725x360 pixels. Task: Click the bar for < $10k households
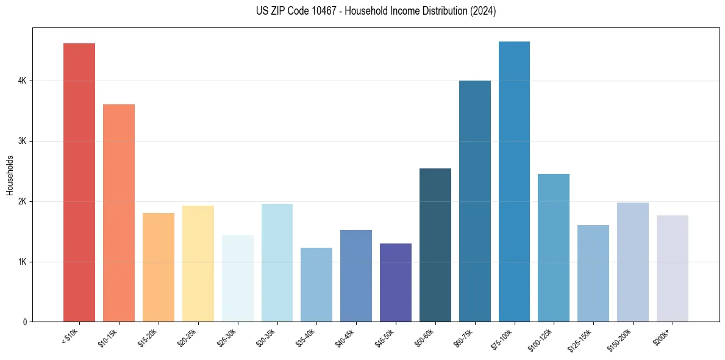point(79,182)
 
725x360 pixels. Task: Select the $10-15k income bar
point(119,213)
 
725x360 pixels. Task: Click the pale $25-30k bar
point(237,278)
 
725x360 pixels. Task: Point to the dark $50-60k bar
point(435,245)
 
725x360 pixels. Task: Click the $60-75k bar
point(475,201)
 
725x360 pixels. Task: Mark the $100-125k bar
point(554,248)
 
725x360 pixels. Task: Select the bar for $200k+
point(673,268)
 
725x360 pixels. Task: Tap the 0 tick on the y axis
point(24,322)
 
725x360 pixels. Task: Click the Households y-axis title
point(10,176)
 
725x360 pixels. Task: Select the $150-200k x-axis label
point(627,337)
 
